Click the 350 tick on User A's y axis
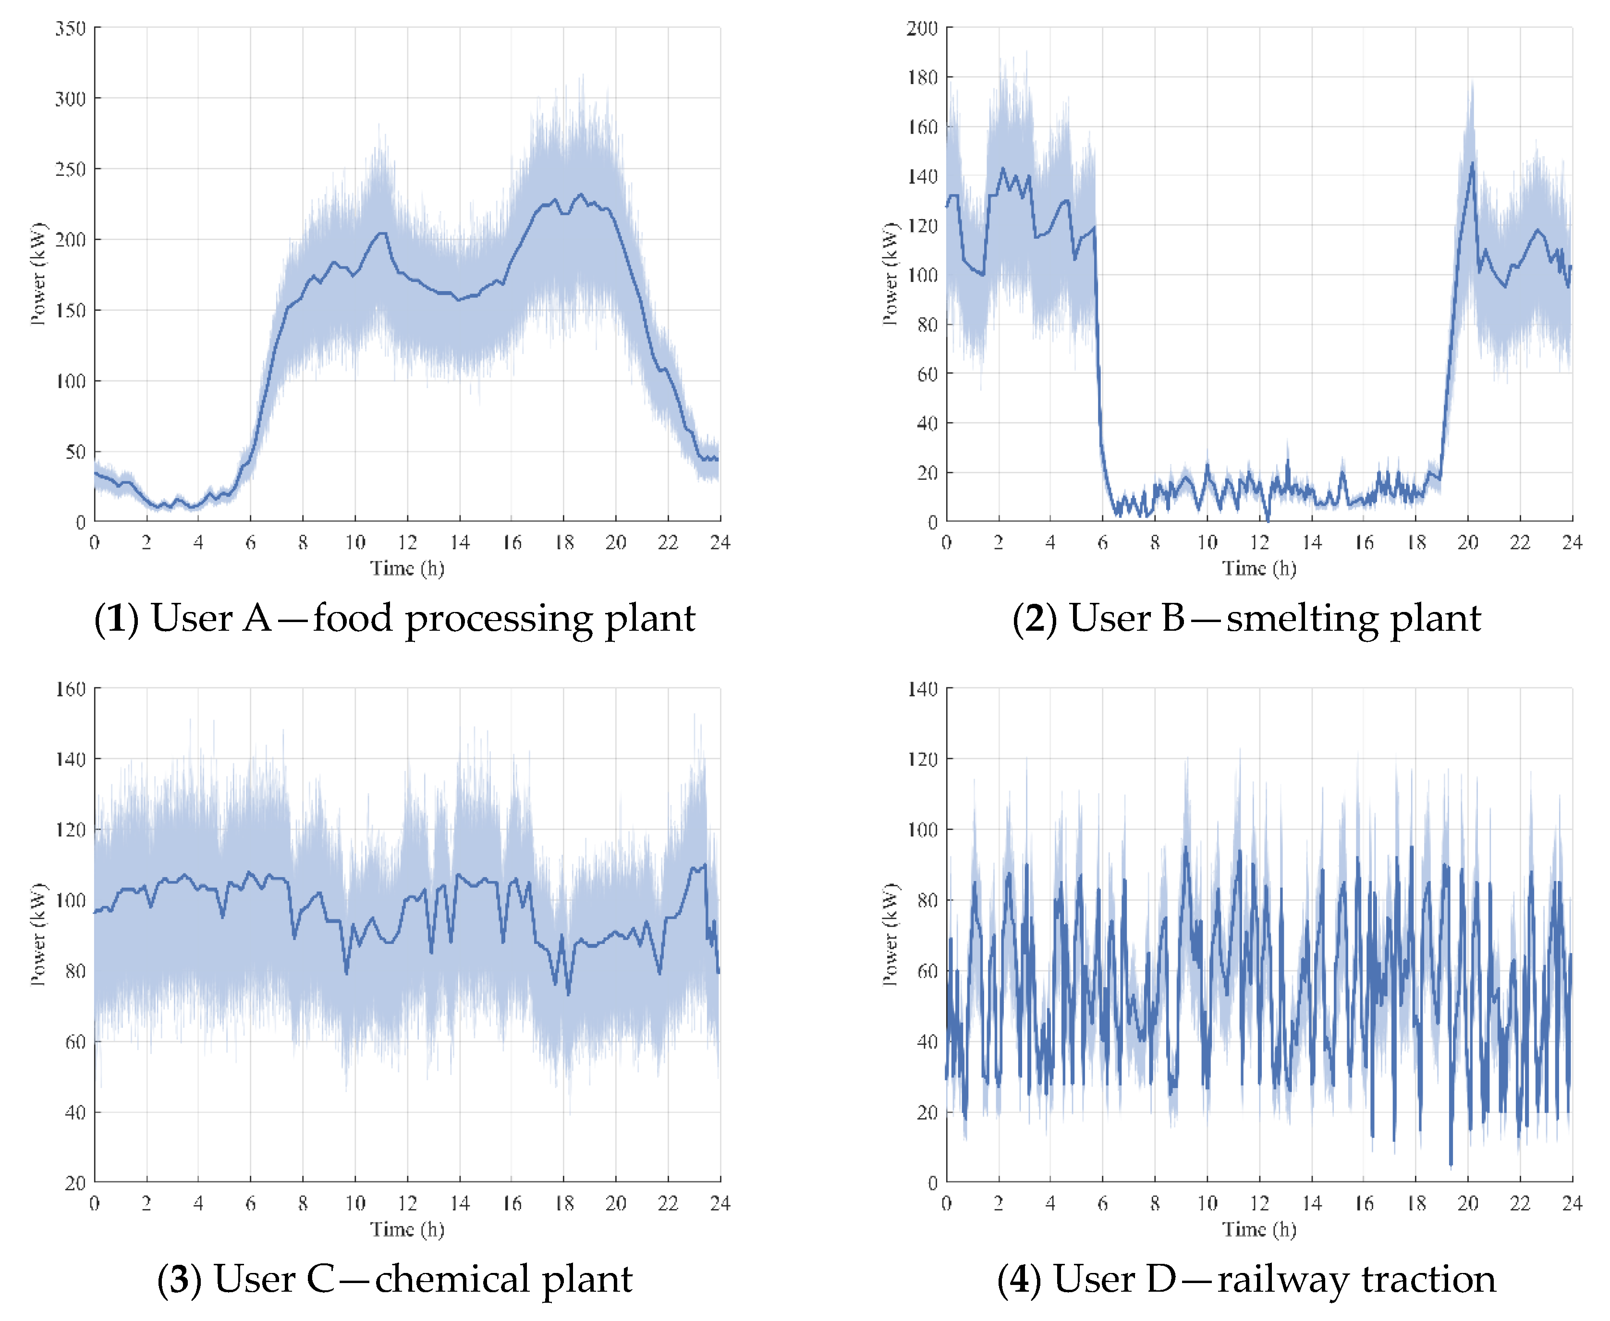point(70,29)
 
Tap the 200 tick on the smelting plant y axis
point(921,29)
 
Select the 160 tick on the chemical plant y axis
point(70,689)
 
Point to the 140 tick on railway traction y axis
point(921,689)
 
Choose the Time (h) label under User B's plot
point(1259,568)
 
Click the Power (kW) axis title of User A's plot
point(38,274)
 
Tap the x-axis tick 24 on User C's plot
point(720,1203)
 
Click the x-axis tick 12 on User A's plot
point(407,542)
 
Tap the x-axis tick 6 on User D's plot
point(1102,1203)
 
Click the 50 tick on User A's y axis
point(74,452)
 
